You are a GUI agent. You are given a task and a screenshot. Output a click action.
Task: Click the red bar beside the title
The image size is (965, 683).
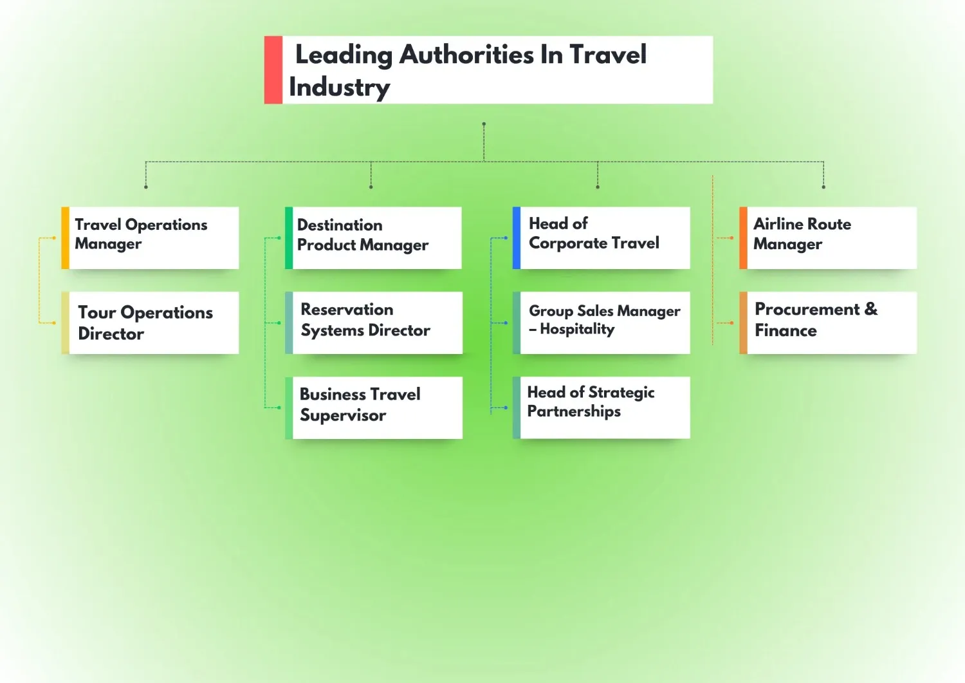(x=273, y=70)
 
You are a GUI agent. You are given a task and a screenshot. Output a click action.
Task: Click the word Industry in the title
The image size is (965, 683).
(x=340, y=88)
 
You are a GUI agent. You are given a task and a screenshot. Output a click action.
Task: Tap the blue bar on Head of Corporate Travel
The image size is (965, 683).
(x=516, y=238)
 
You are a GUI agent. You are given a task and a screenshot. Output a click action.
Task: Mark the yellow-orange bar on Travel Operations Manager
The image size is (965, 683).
(x=65, y=238)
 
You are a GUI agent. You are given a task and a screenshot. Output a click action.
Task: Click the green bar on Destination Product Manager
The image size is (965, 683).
(x=289, y=238)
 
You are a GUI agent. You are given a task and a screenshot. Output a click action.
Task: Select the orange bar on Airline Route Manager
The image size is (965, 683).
(x=743, y=238)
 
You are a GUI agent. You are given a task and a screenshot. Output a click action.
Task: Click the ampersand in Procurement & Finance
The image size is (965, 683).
(x=871, y=309)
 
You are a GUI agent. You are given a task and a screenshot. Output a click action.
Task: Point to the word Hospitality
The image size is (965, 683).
(x=577, y=330)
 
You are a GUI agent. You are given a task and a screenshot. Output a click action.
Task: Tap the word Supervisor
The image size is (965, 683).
(x=343, y=415)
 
